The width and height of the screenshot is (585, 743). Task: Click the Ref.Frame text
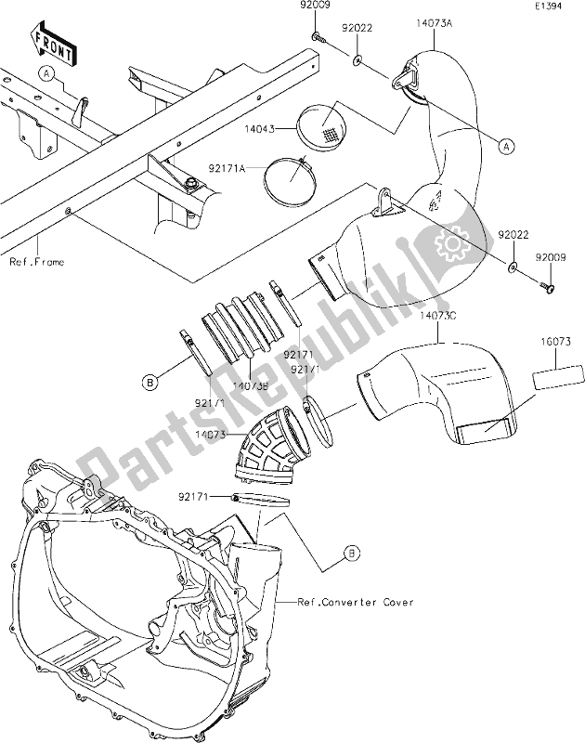(x=38, y=263)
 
